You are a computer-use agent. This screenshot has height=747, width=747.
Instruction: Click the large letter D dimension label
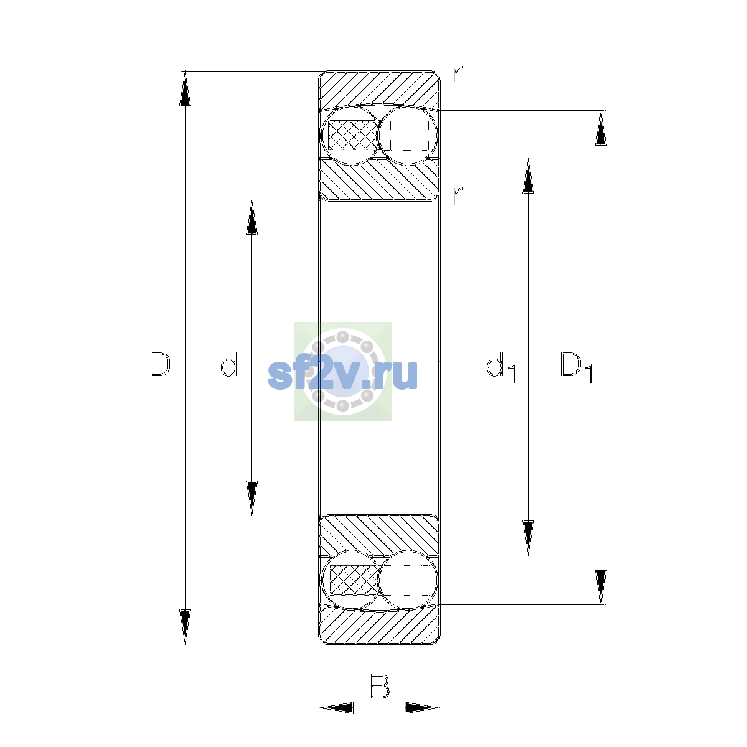160,364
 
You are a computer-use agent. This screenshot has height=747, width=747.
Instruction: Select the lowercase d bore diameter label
228,364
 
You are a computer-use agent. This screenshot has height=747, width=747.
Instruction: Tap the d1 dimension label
501,367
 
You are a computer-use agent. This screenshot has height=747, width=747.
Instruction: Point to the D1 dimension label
577,367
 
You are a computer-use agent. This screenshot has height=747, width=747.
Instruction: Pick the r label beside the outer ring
458,75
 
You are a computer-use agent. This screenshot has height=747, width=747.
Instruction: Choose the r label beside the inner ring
458,195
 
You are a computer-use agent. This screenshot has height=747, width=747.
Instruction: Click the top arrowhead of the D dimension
185,88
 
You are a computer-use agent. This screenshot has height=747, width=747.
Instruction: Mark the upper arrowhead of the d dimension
251,217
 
